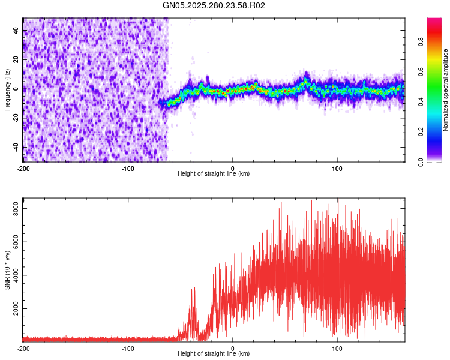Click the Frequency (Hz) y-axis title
pyautogui.click(x=7, y=90)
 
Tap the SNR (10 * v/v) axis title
pyautogui.click(x=7, y=270)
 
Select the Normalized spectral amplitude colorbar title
pyautogui.click(x=446, y=90)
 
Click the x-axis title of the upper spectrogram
pyautogui.click(x=214, y=173)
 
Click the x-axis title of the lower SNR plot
pyautogui.click(x=214, y=353)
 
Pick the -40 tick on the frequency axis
pyautogui.click(x=15, y=147)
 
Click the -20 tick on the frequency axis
pyautogui.click(x=15, y=118)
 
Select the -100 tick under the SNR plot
pyautogui.click(x=128, y=348)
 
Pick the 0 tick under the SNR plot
pyautogui.click(x=233, y=348)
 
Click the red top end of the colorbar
pyautogui.click(x=434, y=21)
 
